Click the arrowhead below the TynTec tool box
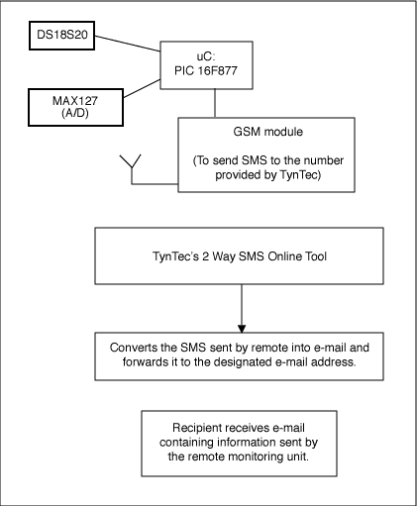pos(241,328)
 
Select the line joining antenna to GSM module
pos(154,186)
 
